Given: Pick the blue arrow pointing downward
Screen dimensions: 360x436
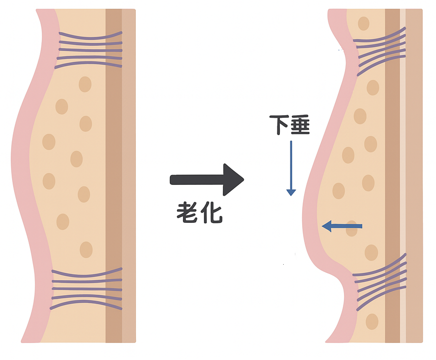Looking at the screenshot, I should coord(291,168).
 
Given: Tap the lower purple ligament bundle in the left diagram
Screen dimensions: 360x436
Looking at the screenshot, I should coord(86,289).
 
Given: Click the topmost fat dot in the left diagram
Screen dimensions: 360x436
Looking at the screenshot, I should coord(85,84).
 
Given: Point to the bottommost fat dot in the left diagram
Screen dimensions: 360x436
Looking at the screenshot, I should coord(86,250).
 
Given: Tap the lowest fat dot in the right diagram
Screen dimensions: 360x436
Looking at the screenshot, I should coord(372,322).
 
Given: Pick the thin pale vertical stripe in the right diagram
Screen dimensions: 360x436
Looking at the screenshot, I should coord(402,175).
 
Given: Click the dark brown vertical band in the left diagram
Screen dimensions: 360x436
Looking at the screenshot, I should coord(113,175).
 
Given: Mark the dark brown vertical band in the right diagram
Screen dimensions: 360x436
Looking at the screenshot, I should coord(392,175).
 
